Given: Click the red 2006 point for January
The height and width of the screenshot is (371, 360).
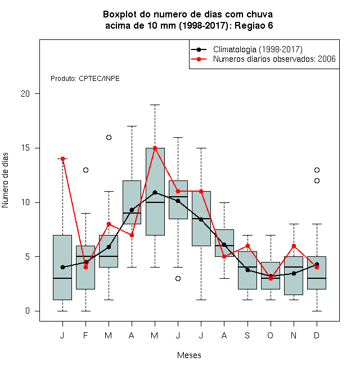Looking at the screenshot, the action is (x=62, y=159).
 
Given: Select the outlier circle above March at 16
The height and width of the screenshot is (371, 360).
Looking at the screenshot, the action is (x=109, y=138).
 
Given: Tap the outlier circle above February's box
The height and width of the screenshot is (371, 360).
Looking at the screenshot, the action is (x=85, y=170).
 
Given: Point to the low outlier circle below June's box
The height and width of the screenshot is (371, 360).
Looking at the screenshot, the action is (x=178, y=278).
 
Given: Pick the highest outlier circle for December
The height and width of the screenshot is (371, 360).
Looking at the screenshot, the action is (x=317, y=170).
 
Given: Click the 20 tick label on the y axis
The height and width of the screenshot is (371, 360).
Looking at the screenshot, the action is (x=25, y=94).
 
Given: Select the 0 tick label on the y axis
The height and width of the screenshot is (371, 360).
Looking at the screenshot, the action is (x=28, y=311).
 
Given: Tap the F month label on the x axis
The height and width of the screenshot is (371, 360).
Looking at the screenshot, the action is (x=85, y=335).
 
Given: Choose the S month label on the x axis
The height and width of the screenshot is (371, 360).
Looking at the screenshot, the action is (x=247, y=335).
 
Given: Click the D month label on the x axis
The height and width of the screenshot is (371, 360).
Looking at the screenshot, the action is (x=317, y=335).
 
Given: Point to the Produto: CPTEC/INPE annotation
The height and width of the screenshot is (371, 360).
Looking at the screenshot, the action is (x=85, y=79).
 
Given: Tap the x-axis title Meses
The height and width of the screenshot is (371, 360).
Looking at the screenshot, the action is (x=189, y=355).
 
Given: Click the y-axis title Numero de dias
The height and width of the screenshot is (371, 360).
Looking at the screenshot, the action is (x=5, y=180).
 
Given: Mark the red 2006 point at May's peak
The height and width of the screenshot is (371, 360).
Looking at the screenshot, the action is (x=155, y=148).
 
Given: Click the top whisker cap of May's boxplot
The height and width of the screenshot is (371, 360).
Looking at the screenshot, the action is (x=155, y=105).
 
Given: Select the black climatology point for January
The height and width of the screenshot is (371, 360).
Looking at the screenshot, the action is (x=62, y=267).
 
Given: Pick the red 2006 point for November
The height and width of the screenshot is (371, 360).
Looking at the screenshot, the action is (x=294, y=246).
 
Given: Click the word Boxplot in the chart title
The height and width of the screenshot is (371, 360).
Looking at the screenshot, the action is (x=120, y=15).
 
